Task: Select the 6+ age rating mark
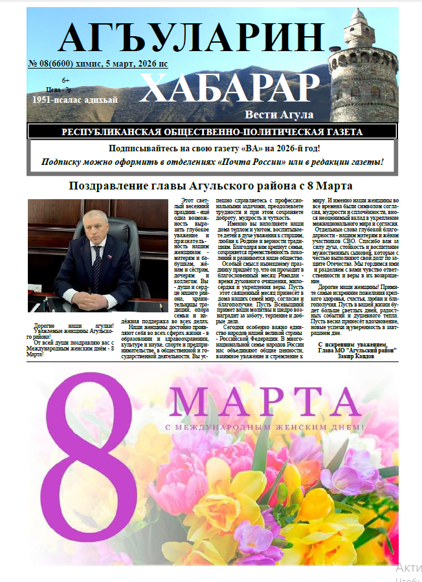[x=65, y=80]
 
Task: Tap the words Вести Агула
[x=279, y=114]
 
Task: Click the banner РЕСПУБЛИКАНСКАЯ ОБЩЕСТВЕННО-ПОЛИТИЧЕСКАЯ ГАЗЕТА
[x=212, y=132]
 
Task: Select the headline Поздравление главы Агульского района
[x=211, y=187]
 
